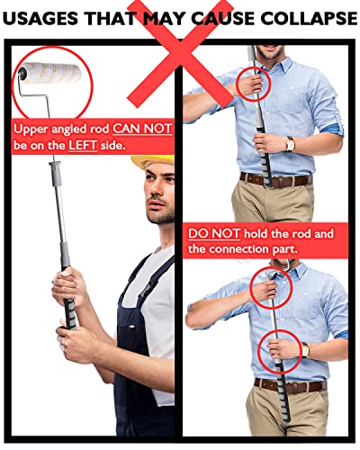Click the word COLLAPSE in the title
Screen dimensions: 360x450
309,18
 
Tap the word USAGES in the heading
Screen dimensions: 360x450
40,18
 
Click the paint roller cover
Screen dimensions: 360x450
52,74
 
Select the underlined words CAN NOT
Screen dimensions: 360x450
142,129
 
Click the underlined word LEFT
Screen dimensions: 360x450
83,145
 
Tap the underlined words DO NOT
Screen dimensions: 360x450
214,233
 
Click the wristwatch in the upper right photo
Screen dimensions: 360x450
290,144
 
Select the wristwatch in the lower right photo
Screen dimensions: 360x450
305,350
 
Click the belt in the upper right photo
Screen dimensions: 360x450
276,180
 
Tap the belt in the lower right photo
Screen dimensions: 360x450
291,386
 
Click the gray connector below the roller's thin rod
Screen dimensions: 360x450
56,174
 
